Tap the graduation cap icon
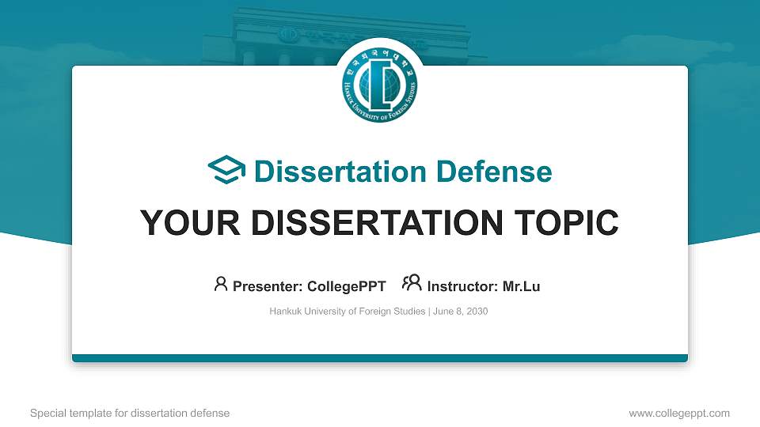(x=226, y=171)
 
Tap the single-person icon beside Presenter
(x=221, y=284)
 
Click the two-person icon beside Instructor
(x=411, y=283)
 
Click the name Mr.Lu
(x=521, y=286)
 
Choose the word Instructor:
(x=463, y=286)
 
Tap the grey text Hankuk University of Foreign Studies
(x=347, y=312)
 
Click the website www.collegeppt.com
(x=678, y=413)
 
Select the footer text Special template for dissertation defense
(x=130, y=413)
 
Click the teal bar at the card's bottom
(x=380, y=358)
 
